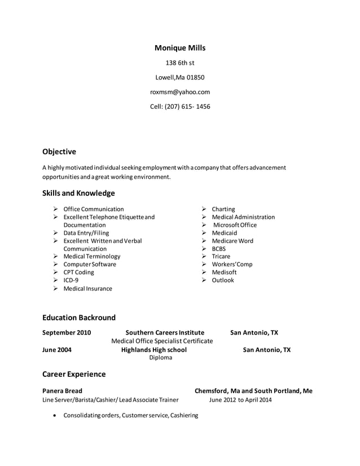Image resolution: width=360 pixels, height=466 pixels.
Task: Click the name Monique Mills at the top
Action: click(180, 48)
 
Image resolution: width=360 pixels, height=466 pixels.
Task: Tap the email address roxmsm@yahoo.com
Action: click(180, 92)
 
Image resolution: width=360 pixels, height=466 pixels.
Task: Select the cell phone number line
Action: click(180, 107)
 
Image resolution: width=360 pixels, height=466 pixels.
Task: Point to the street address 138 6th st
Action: click(180, 63)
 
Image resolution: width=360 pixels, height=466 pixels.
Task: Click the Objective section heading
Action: click(59, 152)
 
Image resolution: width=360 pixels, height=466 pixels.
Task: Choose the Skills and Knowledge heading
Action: click(78, 193)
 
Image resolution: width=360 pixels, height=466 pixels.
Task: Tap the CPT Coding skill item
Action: click(78, 272)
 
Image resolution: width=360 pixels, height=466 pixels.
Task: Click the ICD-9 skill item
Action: click(71, 280)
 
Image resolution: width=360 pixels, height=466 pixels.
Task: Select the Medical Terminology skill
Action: click(91, 256)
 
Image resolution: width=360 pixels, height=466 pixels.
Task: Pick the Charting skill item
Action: click(223, 209)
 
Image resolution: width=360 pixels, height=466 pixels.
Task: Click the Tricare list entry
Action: click(221, 256)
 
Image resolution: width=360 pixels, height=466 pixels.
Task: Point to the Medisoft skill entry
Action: click(224, 272)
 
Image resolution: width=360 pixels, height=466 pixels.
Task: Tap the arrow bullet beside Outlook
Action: click(204, 280)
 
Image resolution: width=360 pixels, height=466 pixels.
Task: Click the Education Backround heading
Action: click(79, 318)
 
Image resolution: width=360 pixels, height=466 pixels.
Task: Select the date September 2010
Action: click(67, 333)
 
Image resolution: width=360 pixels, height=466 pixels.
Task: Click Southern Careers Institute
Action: click(165, 333)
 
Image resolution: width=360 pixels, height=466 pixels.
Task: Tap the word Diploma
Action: click(161, 358)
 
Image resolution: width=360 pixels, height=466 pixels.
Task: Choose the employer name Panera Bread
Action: click(62, 390)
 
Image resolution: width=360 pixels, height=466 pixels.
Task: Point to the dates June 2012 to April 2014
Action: click(240, 399)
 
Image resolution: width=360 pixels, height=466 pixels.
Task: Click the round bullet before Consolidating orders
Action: click(54, 416)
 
